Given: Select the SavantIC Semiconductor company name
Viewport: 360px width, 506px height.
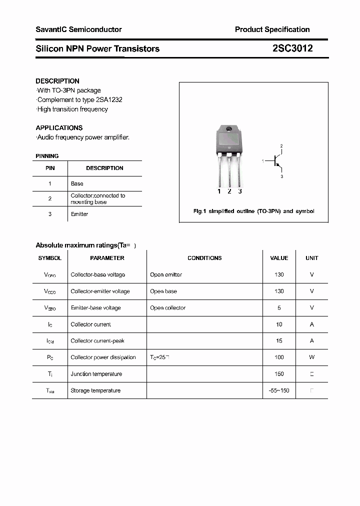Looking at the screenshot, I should pos(78,29).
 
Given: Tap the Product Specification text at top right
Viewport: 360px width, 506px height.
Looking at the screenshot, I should pos(272,29).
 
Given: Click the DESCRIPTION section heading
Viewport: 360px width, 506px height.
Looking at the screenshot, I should pos(57,81).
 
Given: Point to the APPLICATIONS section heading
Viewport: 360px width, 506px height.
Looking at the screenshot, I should pos(59,128).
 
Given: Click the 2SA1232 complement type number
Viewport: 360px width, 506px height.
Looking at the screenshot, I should pos(110,99).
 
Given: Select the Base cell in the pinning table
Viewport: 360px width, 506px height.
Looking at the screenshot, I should pos(77,184).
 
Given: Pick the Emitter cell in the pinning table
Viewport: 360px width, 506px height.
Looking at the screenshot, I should pos(79,214).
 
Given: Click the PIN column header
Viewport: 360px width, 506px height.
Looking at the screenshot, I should pos(50,168).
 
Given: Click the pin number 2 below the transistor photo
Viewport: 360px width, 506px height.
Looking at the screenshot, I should pos(229,191).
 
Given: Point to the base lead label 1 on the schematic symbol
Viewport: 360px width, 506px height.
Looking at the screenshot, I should pos(262,161).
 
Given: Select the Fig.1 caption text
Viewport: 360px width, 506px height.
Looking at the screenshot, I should pos(253,211).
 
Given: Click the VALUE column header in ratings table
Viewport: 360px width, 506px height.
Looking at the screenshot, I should pos(279,258).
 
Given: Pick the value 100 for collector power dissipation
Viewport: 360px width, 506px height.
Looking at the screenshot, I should pos(279,357).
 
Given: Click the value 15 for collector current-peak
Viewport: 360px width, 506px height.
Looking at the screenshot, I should pos(279,341).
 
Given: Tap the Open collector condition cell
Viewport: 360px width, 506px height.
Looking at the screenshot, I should pos(167,308).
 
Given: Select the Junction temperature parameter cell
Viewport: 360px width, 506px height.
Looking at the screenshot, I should pos(96,374).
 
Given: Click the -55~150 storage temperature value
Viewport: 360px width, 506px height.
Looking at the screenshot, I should pos(279,390).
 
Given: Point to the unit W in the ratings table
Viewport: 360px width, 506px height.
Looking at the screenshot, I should pos(311,357).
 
